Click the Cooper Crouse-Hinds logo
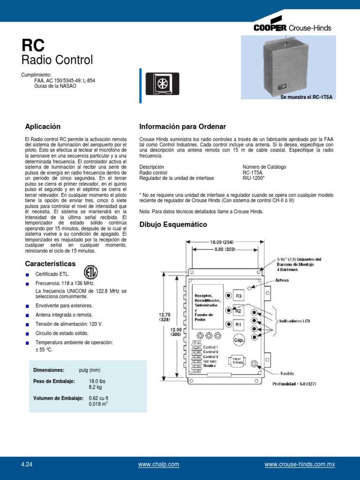click(292, 28)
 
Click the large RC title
click(33, 45)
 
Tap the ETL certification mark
click(91, 272)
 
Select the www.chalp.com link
click(158, 465)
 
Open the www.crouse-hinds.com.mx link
click(300, 465)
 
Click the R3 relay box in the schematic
click(238, 296)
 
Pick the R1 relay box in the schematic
click(238, 324)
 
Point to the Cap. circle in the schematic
click(238, 340)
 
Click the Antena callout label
click(282, 280)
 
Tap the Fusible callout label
click(287, 374)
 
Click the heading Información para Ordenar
click(183, 127)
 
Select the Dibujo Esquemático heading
click(173, 225)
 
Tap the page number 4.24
click(27, 465)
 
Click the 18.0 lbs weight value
click(97, 382)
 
